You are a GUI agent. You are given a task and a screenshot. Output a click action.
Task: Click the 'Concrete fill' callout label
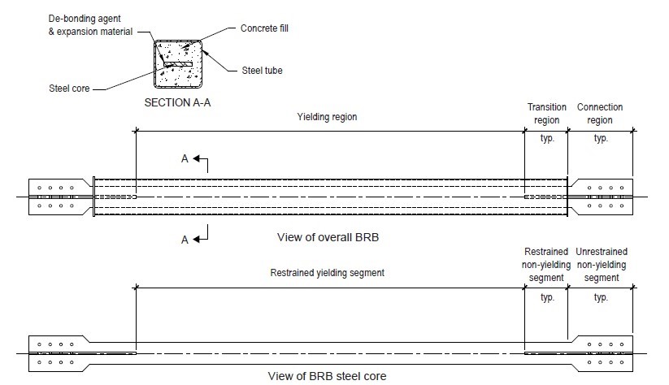tap(264, 28)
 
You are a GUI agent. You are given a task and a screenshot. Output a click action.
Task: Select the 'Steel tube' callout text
tap(262, 71)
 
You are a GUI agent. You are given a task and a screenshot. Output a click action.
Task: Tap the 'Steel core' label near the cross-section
tap(69, 89)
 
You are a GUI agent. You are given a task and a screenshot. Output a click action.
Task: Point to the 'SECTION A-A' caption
tap(177, 103)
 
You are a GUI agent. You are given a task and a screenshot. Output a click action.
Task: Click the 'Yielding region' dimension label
tap(327, 117)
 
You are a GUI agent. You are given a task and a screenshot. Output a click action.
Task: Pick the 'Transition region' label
tap(546, 114)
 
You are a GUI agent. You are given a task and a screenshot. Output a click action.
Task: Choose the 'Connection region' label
tap(600, 114)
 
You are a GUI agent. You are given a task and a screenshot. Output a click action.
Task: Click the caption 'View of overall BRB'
tap(328, 237)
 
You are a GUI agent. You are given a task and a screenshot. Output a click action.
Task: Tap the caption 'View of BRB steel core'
tap(327, 376)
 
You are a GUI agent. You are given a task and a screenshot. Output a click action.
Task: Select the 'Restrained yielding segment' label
tap(328, 273)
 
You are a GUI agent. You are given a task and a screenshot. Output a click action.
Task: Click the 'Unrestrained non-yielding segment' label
tap(602, 265)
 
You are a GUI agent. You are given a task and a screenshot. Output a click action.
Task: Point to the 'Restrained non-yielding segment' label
tap(546, 265)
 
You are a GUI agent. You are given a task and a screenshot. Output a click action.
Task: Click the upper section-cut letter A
tap(185, 158)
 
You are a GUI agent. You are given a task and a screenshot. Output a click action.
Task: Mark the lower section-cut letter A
tap(185, 240)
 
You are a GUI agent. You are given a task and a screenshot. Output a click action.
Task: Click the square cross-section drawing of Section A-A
tap(177, 64)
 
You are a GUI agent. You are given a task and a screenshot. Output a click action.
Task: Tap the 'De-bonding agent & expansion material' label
tap(90, 25)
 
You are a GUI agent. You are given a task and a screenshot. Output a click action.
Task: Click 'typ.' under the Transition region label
tap(547, 138)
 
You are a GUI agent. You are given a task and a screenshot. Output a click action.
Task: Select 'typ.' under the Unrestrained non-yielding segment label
tap(601, 297)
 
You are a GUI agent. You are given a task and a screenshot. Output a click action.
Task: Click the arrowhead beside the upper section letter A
tap(196, 158)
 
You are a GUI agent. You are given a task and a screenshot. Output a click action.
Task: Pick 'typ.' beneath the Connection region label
tap(601, 138)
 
